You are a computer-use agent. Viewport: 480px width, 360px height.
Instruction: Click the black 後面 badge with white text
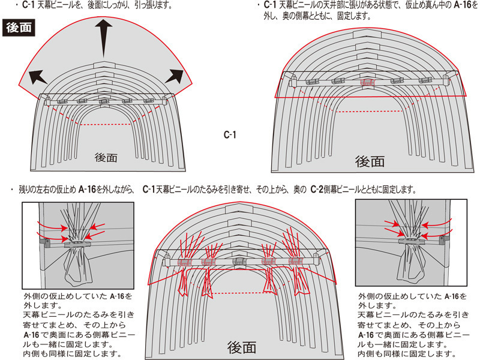[19, 28]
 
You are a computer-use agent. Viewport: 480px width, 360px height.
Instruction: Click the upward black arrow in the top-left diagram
[103, 38]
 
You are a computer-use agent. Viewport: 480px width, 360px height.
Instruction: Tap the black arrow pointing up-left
[38, 77]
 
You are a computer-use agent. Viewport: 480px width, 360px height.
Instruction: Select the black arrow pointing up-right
[174, 76]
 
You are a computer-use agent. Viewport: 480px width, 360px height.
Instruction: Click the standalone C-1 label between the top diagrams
[230, 134]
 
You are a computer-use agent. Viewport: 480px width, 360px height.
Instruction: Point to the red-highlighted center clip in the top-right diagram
[367, 82]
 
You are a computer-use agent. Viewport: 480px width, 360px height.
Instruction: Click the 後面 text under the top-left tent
[106, 157]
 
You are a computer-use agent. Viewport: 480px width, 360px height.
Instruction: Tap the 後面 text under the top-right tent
[370, 161]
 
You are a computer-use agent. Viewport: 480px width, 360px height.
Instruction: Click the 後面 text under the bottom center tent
[242, 347]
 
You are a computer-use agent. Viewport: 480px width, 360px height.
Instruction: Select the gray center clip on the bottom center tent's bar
[239, 262]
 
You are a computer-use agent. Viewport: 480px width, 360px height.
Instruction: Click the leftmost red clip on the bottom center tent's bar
[184, 263]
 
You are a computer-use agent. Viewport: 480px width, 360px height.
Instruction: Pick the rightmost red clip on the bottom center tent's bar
[296, 261]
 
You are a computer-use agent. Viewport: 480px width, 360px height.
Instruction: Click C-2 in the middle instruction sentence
[317, 190]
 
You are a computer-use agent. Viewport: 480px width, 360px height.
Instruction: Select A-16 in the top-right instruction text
[461, 5]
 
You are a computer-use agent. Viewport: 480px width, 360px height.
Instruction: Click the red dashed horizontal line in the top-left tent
[106, 125]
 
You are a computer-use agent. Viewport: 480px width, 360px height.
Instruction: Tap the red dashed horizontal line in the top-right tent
[369, 112]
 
